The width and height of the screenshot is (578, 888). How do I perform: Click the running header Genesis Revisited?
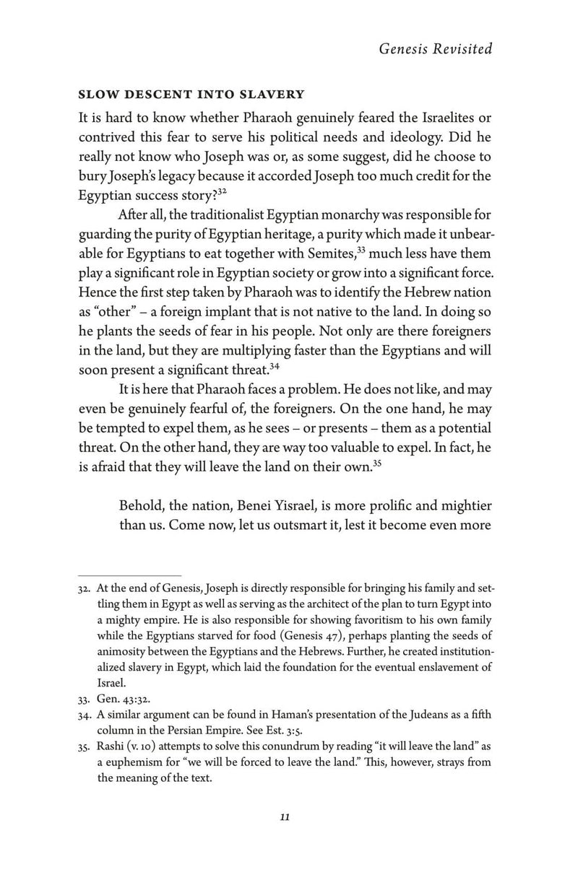435,49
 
